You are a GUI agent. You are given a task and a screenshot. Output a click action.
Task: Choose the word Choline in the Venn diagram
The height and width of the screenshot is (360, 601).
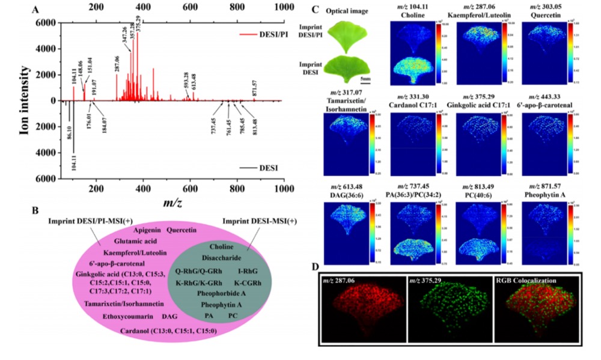221,247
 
